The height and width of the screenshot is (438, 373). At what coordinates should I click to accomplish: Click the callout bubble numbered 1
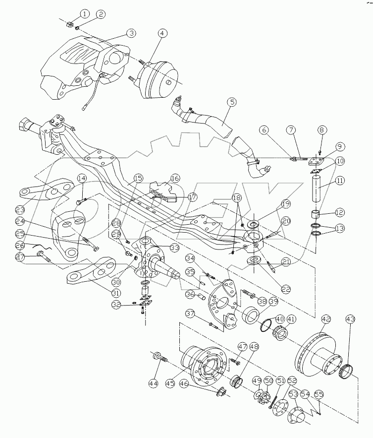[85, 13]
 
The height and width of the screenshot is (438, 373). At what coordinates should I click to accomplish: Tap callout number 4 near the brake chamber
[163, 34]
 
